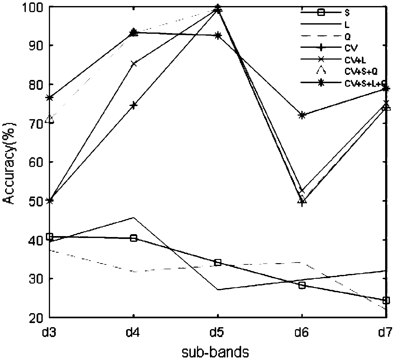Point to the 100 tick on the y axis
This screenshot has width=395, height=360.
(x=36, y=7)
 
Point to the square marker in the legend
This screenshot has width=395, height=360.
(x=321, y=12)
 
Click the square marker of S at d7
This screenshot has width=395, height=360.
(x=386, y=300)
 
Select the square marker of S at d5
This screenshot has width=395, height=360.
(x=218, y=263)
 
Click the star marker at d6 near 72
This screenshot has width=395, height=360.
(x=302, y=115)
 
